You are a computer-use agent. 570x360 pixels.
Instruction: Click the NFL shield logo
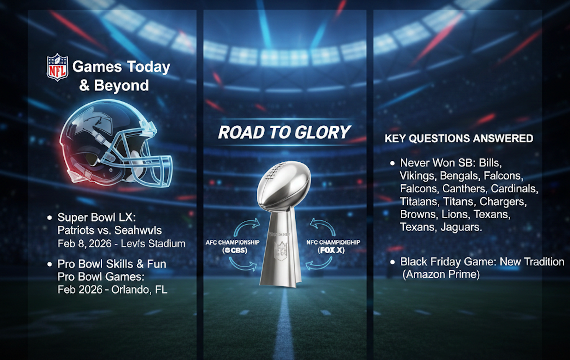[x=57, y=67]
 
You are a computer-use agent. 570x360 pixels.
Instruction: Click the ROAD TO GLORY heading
[x=284, y=133]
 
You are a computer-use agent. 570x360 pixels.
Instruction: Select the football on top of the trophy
[x=284, y=184]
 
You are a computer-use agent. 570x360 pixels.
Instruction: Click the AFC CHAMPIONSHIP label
[x=233, y=242]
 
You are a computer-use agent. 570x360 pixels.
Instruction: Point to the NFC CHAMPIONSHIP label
[x=333, y=242]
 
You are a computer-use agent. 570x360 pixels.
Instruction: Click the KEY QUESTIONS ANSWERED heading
[x=459, y=138]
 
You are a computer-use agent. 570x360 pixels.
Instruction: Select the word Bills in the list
[x=490, y=163]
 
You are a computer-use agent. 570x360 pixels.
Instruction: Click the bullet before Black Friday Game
[x=392, y=262]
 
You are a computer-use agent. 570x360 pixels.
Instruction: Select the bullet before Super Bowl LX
[x=49, y=218]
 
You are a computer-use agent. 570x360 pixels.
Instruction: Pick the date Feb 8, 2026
[x=85, y=244]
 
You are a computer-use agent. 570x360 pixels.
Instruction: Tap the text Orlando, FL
[x=139, y=290]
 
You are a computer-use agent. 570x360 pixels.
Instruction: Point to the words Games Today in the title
[x=121, y=67]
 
